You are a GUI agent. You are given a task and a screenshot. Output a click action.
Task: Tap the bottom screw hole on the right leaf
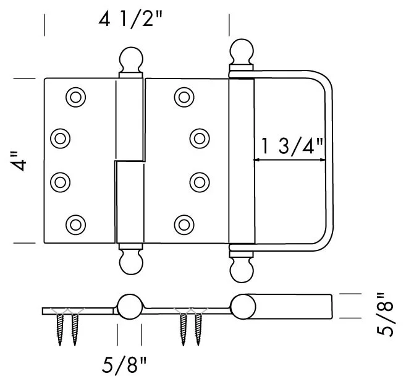(x=184, y=223)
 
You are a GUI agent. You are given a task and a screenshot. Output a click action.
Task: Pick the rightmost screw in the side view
(x=199, y=328)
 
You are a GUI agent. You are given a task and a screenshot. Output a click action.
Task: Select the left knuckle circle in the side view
(x=129, y=307)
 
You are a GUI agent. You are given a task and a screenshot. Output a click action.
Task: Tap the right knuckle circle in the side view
(x=242, y=307)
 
